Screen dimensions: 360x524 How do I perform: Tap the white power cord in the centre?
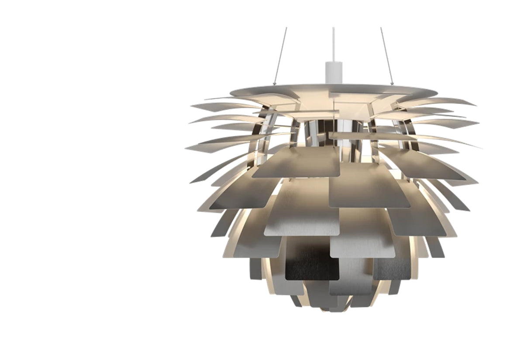coord(333,44)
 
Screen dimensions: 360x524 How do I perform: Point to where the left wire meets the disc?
coord(274,84)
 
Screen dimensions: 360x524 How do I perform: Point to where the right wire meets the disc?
coord(393,84)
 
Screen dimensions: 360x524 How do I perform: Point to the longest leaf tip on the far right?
coord(480,148)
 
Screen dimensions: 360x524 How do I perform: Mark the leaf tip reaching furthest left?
coord(186,148)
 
